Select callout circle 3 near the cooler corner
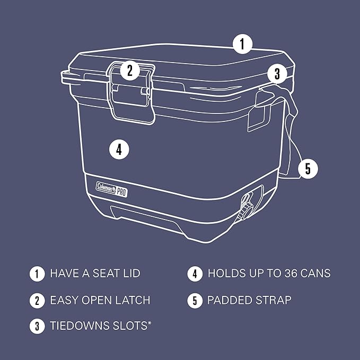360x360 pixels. click(277, 74)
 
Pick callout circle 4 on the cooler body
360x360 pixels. click(119, 150)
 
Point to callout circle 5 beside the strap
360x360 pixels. click(308, 169)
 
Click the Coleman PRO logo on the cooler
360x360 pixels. click(113, 186)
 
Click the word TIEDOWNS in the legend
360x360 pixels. click(80, 326)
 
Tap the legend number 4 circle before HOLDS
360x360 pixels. click(195, 274)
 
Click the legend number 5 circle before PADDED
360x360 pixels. click(195, 301)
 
